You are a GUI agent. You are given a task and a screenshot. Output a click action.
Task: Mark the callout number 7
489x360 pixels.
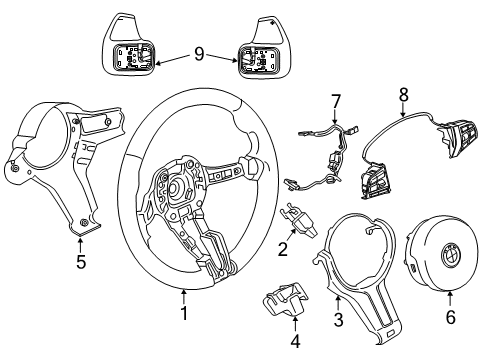click(337, 101)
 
